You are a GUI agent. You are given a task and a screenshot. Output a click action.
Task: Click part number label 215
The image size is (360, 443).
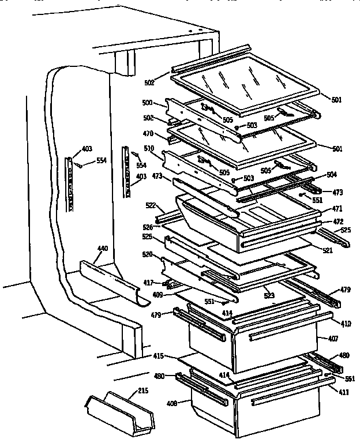pyautogui.click(x=143, y=391)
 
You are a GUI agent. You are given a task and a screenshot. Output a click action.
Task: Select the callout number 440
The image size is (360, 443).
pyautogui.click(x=102, y=249)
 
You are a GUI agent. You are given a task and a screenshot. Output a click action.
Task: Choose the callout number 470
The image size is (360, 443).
pyautogui.click(x=148, y=134)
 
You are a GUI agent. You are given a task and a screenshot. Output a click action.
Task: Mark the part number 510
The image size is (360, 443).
pyautogui.click(x=149, y=148)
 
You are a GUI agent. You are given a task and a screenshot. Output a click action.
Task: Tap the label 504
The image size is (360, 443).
pyautogui.click(x=331, y=174)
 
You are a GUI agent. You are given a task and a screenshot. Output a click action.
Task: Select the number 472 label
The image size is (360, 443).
pyautogui.click(x=337, y=221)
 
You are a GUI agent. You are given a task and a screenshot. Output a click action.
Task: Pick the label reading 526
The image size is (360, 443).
pyautogui.click(x=148, y=227)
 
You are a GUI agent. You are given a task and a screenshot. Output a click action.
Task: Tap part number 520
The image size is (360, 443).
pyautogui.click(x=148, y=254)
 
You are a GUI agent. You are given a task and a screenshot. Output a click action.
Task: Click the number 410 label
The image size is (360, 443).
pyautogui.click(x=345, y=324)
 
